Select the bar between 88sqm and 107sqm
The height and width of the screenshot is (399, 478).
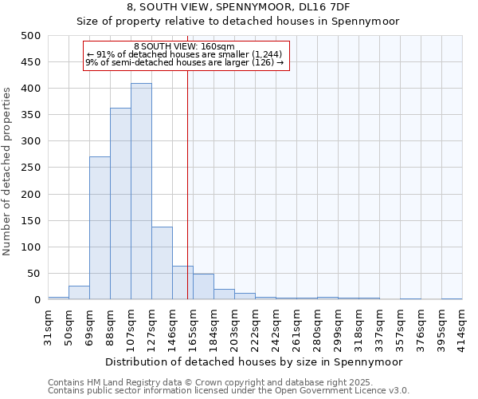tap(120, 203)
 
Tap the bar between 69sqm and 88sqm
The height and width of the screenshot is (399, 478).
tap(100, 228)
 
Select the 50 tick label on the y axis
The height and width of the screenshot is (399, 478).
tap(34, 274)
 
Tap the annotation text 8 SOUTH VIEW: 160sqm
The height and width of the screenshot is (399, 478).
tap(184, 47)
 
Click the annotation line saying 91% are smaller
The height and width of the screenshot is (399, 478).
tap(184, 54)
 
